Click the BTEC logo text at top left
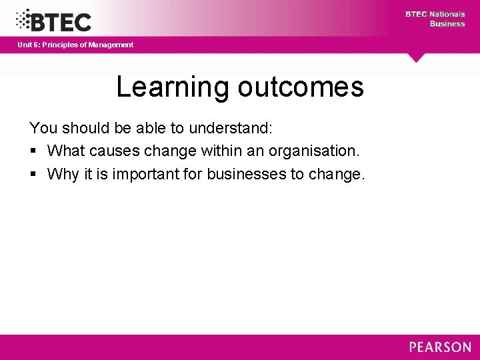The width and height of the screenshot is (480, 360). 61,21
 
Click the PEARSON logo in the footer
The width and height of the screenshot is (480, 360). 440,347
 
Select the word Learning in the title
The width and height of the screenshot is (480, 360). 172,87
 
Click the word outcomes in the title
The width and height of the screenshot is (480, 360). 300,87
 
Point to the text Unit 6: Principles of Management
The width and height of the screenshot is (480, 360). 75,45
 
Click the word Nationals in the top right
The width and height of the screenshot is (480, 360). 447,14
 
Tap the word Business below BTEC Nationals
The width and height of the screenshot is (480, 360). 447,24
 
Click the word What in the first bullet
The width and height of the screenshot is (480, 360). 67,151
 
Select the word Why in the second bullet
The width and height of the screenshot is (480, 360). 63,175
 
